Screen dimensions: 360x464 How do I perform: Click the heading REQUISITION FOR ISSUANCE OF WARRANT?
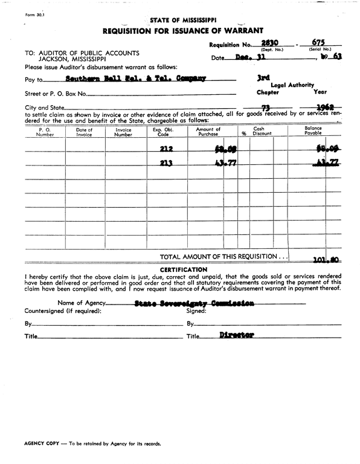tap(182, 30)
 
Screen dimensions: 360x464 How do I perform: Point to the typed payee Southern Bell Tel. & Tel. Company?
tap(135, 79)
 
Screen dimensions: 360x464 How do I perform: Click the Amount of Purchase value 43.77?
tap(221, 163)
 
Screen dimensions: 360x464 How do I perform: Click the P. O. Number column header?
tap(45, 132)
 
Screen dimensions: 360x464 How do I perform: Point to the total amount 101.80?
tap(327, 262)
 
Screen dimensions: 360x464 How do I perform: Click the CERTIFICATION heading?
tap(184, 269)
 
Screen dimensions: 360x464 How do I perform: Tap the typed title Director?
tap(237, 334)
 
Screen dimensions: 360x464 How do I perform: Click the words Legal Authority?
tap(292, 86)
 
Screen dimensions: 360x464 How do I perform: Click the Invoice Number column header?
tap(123, 132)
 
